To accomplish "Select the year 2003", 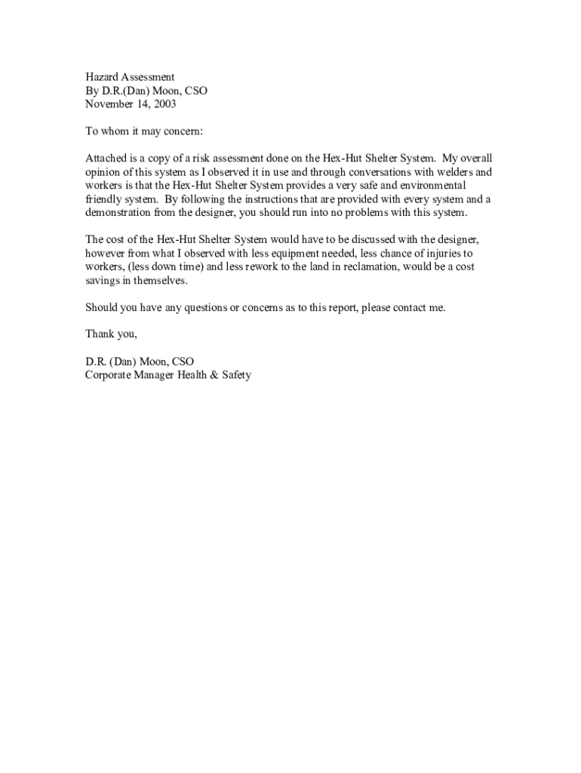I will [163, 104].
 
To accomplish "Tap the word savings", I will [102, 281].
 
